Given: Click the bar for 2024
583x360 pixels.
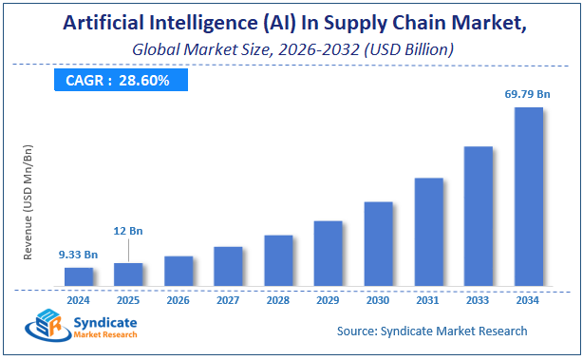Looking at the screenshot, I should (79, 276).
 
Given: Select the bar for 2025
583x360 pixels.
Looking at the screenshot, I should (128, 274).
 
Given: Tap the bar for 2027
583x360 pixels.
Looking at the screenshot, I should (228, 266).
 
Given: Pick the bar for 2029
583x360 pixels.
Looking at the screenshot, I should (328, 253).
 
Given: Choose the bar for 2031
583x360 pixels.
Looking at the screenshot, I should (428, 232).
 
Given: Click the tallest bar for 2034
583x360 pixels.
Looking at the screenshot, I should (528, 196).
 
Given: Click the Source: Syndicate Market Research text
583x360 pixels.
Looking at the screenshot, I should (432, 331).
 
